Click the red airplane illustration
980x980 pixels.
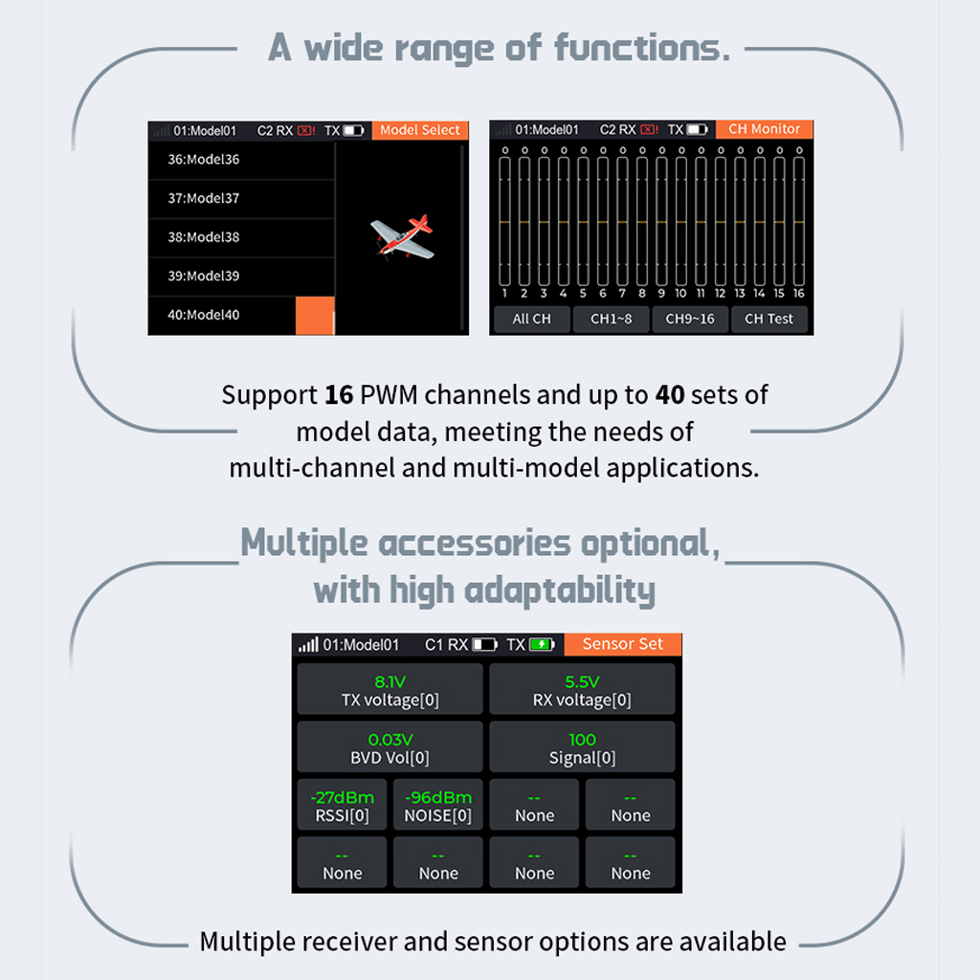click(x=403, y=237)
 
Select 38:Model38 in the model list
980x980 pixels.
click(x=204, y=237)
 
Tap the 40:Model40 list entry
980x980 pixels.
click(x=204, y=315)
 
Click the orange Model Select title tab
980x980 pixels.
click(x=420, y=130)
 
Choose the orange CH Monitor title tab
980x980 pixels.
click(x=764, y=129)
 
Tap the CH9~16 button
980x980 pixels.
click(x=689, y=319)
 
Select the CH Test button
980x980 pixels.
click(x=768, y=319)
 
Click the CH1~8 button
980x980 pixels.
click(x=611, y=319)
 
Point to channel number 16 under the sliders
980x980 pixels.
click(x=798, y=294)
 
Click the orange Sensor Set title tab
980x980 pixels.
click(x=622, y=644)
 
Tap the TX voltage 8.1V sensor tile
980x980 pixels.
click(x=390, y=690)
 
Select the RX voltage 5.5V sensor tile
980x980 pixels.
click(x=582, y=690)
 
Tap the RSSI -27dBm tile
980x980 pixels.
click(x=342, y=806)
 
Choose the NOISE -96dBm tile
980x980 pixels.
click(x=438, y=806)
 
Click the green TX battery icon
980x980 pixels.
click(x=543, y=645)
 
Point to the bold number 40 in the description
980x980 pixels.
click(x=668, y=394)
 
